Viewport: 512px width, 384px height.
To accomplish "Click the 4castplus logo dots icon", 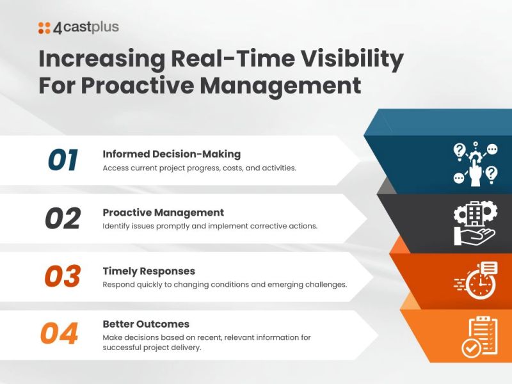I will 44,28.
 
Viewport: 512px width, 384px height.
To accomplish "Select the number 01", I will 63,161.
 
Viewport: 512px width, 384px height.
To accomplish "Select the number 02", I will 63,219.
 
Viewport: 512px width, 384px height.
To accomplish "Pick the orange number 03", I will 63,276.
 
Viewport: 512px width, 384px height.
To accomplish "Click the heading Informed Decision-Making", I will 172,154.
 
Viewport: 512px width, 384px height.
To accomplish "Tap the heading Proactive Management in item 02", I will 163,212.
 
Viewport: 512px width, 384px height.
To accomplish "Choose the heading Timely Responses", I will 148,271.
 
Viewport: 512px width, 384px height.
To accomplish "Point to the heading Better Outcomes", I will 146,324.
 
